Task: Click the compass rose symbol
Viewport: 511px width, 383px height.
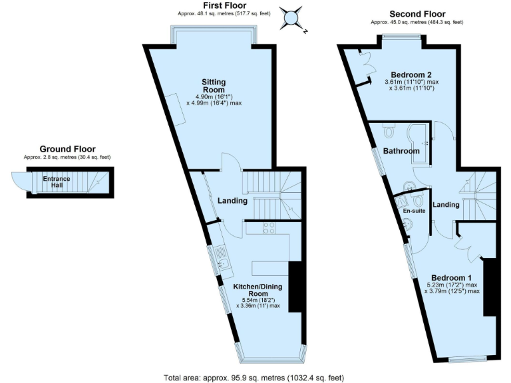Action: click(291, 18)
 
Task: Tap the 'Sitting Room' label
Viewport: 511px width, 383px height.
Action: click(214, 86)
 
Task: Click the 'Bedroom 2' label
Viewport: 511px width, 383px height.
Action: click(412, 74)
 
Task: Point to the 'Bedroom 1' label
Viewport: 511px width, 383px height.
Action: click(451, 278)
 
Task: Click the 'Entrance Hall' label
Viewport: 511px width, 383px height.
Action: click(57, 182)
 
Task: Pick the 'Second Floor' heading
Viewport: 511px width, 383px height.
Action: click(417, 14)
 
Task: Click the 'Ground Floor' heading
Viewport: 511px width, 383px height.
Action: click(67, 149)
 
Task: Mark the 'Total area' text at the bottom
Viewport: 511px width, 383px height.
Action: click(254, 378)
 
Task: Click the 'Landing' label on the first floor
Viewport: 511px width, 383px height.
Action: click(232, 201)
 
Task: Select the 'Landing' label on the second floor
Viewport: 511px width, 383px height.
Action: click(445, 205)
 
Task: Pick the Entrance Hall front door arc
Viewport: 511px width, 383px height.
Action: click(17, 180)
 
